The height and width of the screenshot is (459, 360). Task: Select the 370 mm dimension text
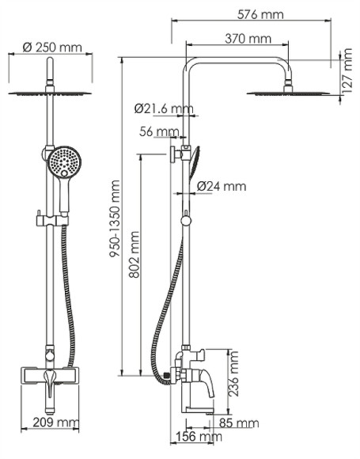pos(247,38)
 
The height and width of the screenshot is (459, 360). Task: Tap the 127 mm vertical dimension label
pos(346,71)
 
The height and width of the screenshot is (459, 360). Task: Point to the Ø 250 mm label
pos(51,47)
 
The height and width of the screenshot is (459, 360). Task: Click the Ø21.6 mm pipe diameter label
pos(164,108)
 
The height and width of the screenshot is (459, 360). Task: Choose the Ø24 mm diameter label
pos(221,187)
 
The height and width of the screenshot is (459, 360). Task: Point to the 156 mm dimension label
pos(196,437)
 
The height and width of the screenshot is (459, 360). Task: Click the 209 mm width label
pos(49,423)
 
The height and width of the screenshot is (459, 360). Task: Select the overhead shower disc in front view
pos(50,93)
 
